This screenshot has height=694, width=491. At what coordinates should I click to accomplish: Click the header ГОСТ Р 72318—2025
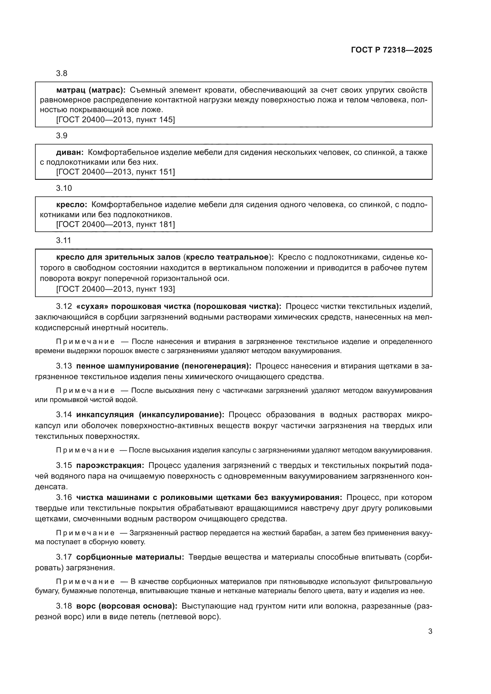pos(392,50)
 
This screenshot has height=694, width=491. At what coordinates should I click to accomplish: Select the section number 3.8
pos(62,74)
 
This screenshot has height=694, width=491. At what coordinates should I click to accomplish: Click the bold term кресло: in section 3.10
pos(72,205)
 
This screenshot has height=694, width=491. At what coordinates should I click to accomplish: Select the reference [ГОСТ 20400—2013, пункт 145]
pos(115,120)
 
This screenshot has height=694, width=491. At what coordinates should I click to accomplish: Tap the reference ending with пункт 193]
pos(115,289)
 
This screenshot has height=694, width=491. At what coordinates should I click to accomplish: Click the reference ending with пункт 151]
pos(115,172)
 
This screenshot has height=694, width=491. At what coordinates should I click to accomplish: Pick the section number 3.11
pos(64,241)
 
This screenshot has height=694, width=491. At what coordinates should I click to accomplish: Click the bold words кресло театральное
pos(227,257)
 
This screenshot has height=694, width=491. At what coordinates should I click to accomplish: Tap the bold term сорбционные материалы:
pos(130,557)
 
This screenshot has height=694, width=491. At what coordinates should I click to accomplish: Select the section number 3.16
pos(64,497)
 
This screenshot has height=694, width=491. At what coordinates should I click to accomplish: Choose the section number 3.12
pos(64,306)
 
